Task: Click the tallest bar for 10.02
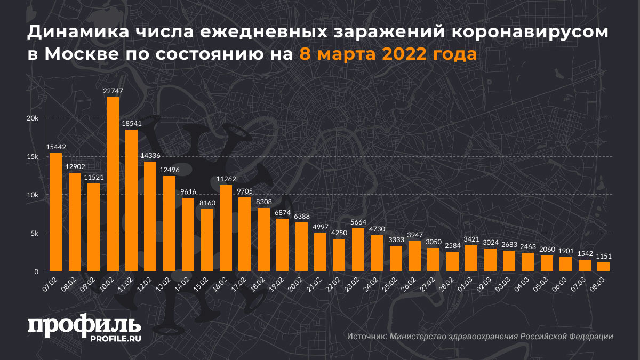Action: (113, 184)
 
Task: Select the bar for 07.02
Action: (55, 212)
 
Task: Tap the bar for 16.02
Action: (226, 228)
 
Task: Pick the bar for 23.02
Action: (339, 250)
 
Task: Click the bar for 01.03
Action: (471, 258)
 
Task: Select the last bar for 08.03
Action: (603, 267)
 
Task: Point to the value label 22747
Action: (113, 91)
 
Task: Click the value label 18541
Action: (131, 124)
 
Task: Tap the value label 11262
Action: (226, 179)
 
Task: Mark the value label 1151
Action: (603, 257)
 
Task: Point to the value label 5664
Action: (339, 222)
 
